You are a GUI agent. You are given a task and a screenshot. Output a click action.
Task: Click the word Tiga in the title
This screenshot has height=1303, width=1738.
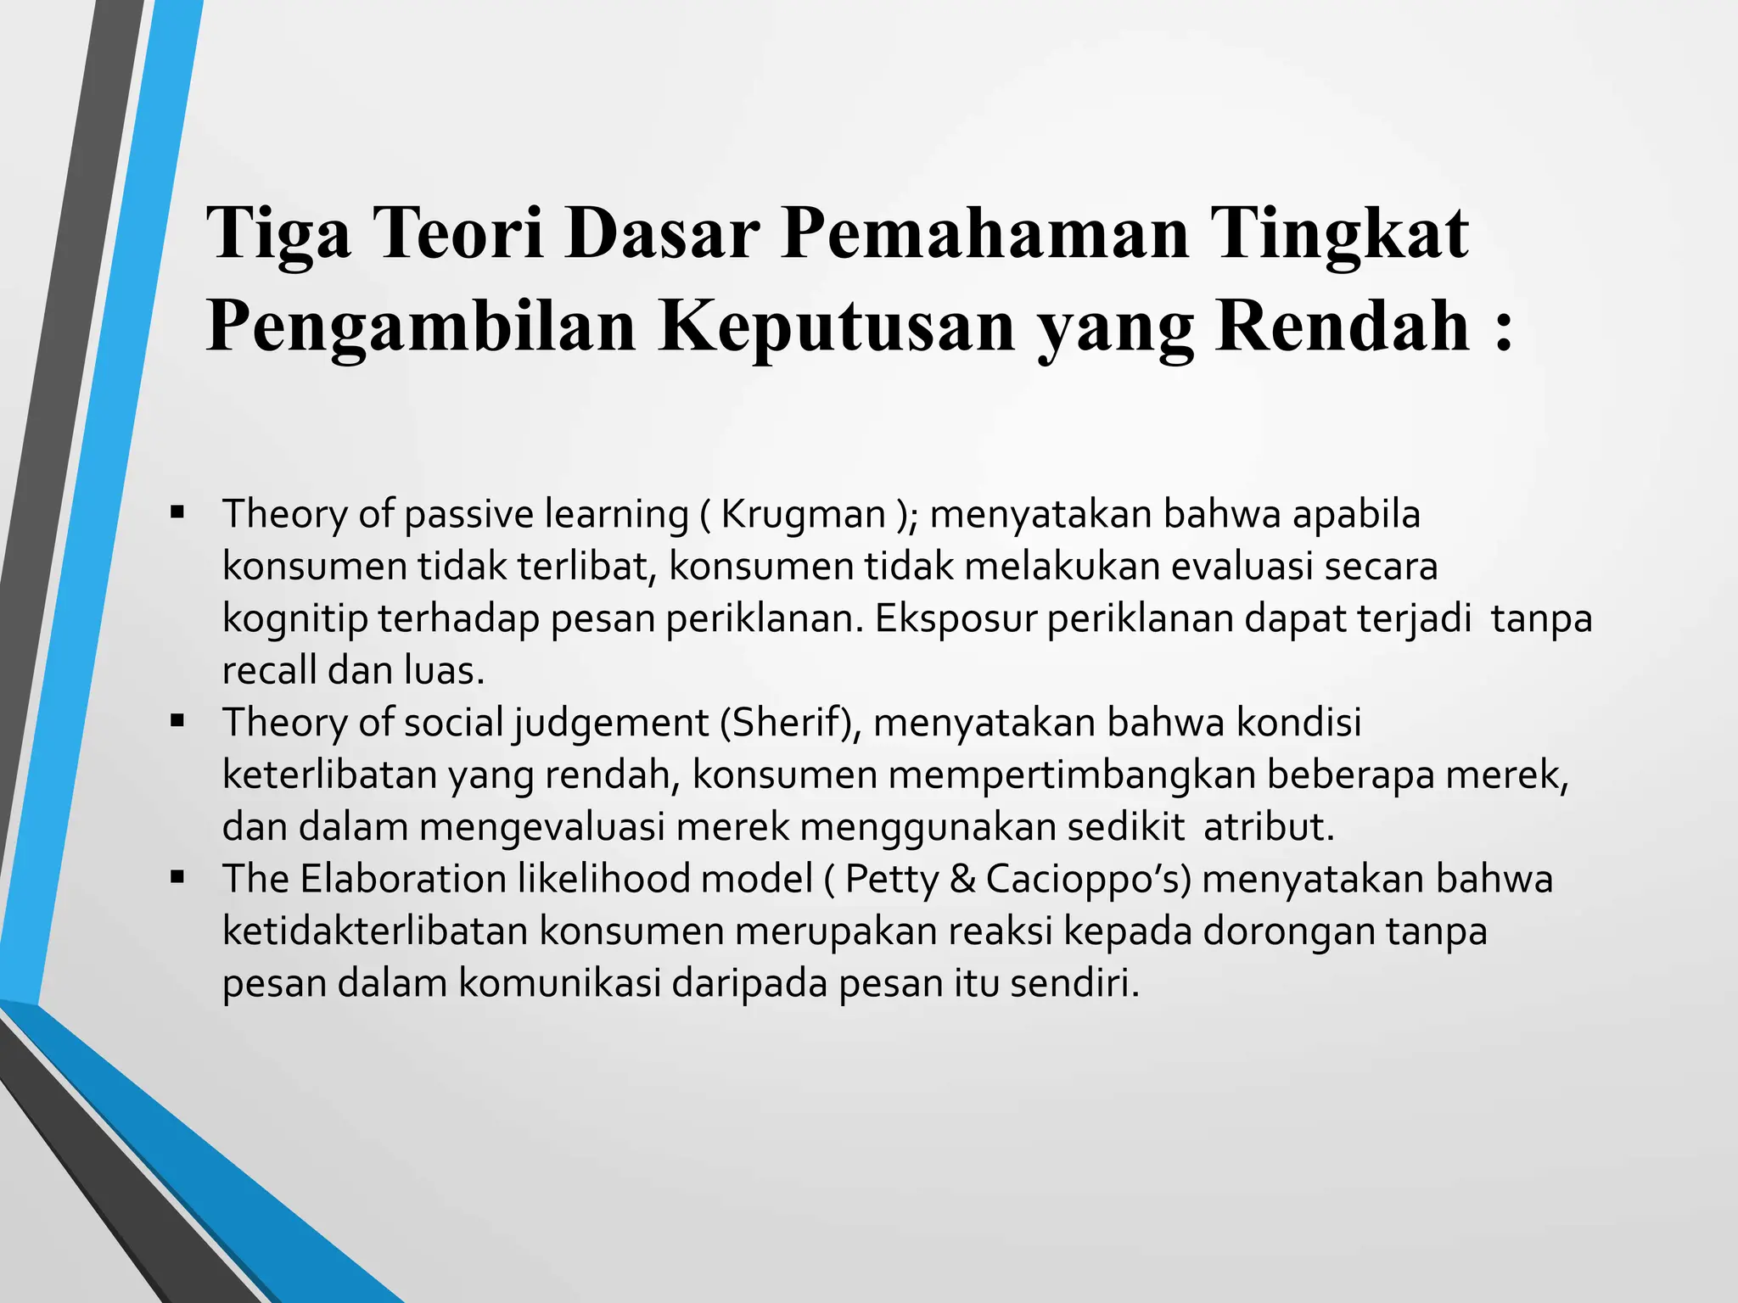(278, 233)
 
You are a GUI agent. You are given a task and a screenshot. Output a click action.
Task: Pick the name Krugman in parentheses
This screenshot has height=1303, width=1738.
(803, 514)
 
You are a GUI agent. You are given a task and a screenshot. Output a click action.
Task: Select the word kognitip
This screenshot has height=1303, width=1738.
(294, 618)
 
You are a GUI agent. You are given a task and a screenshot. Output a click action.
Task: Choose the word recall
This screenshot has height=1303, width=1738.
(270, 671)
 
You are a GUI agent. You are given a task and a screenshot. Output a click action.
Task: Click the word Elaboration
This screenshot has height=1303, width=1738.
(402, 879)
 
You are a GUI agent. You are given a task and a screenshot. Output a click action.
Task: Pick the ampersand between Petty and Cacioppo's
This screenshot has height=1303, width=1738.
(962, 879)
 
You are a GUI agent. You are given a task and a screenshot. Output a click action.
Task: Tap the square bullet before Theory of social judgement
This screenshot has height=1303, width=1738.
(177, 721)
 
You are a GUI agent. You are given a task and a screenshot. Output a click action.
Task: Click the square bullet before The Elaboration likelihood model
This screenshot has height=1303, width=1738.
(177, 877)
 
